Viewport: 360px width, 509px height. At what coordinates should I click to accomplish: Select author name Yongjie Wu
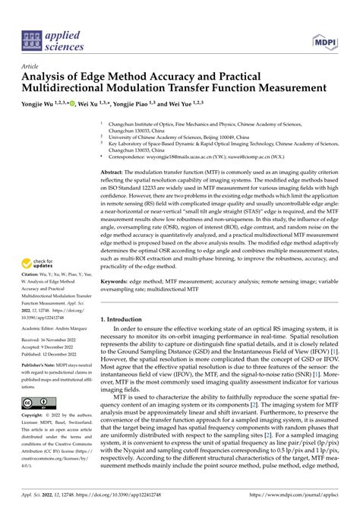pyautogui.click(x=42, y=103)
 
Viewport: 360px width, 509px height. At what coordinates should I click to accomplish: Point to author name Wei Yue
pyautogui.click(x=199, y=103)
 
